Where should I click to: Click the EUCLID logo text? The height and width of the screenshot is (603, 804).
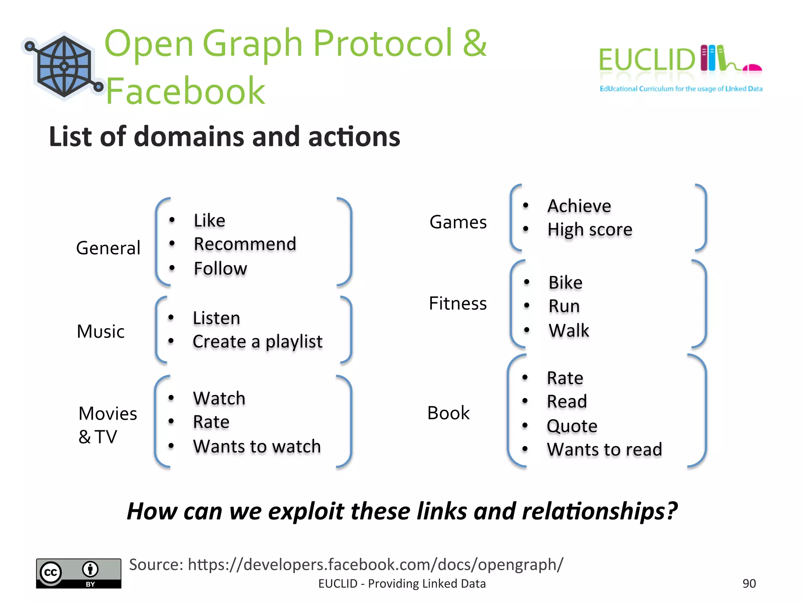(647, 60)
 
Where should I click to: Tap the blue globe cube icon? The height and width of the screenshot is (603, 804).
(64, 66)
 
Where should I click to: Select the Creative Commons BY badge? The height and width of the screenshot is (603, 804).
(79, 573)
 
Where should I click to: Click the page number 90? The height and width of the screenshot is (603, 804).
(749, 583)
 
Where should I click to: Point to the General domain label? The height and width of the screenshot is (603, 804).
(108, 248)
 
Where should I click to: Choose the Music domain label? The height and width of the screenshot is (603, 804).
(100, 331)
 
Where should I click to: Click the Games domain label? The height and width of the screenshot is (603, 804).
(458, 222)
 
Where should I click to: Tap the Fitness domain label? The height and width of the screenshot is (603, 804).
(458, 303)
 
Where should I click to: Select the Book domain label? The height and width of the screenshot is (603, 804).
(448, 413)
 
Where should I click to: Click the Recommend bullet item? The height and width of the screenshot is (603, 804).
(245, 244)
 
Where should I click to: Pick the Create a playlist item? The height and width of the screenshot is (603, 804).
(258, 342)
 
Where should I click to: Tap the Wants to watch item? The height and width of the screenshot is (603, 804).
(257, 446)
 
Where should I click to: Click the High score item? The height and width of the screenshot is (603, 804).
(590, 230)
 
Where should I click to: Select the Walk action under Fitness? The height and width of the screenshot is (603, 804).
(569, 330)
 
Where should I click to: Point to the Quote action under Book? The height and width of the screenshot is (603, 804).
(572, 426)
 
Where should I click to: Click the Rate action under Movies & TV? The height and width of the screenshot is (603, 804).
(211, 422)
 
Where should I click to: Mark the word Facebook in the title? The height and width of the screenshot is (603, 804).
(186, 91)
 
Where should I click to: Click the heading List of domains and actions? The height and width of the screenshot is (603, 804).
(225, 137)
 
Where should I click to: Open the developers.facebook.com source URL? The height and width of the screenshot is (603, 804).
(375, 565)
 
